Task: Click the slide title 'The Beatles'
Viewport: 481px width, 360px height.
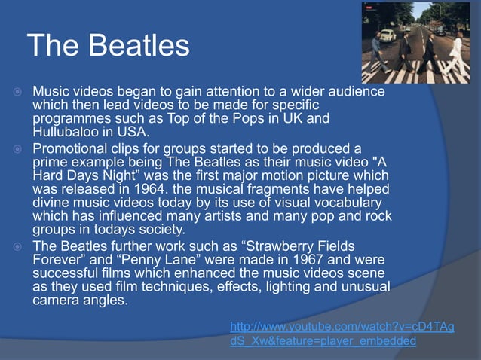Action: (108, 46)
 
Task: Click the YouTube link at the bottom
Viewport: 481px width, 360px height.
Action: (342, 334)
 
